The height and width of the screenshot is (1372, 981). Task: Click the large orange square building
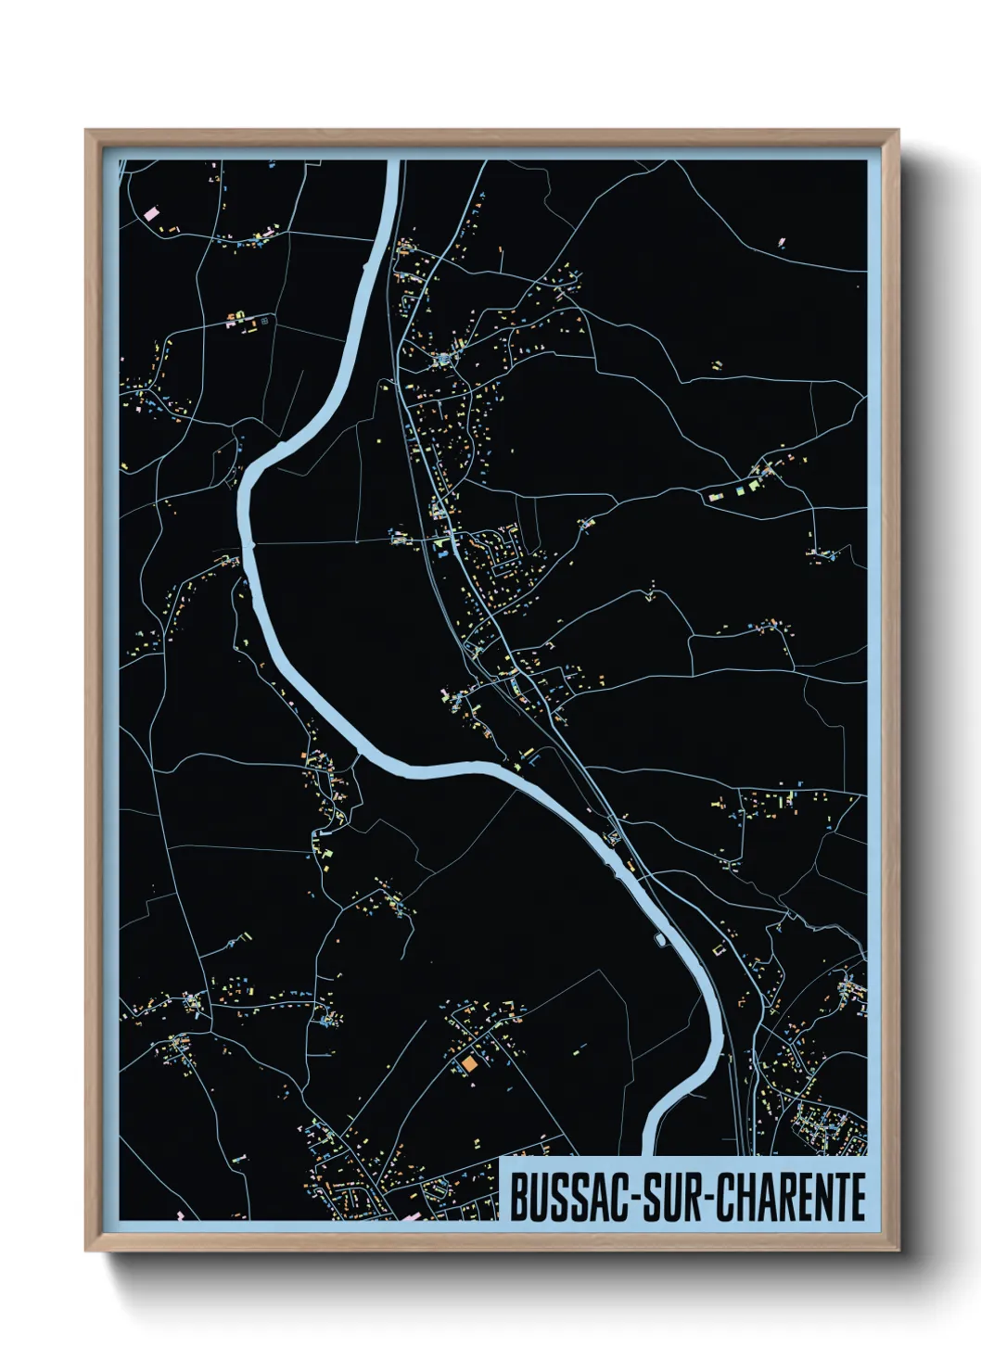click(469, 1064)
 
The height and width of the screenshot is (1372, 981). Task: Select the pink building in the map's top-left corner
click(151, 213)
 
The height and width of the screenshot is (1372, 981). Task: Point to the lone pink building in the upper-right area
click(781, 244)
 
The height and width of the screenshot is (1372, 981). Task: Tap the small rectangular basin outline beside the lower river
click(660, 940)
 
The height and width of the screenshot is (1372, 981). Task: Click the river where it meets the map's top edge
click(392, 163)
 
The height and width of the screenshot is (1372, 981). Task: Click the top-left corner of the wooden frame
click(86, 131)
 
